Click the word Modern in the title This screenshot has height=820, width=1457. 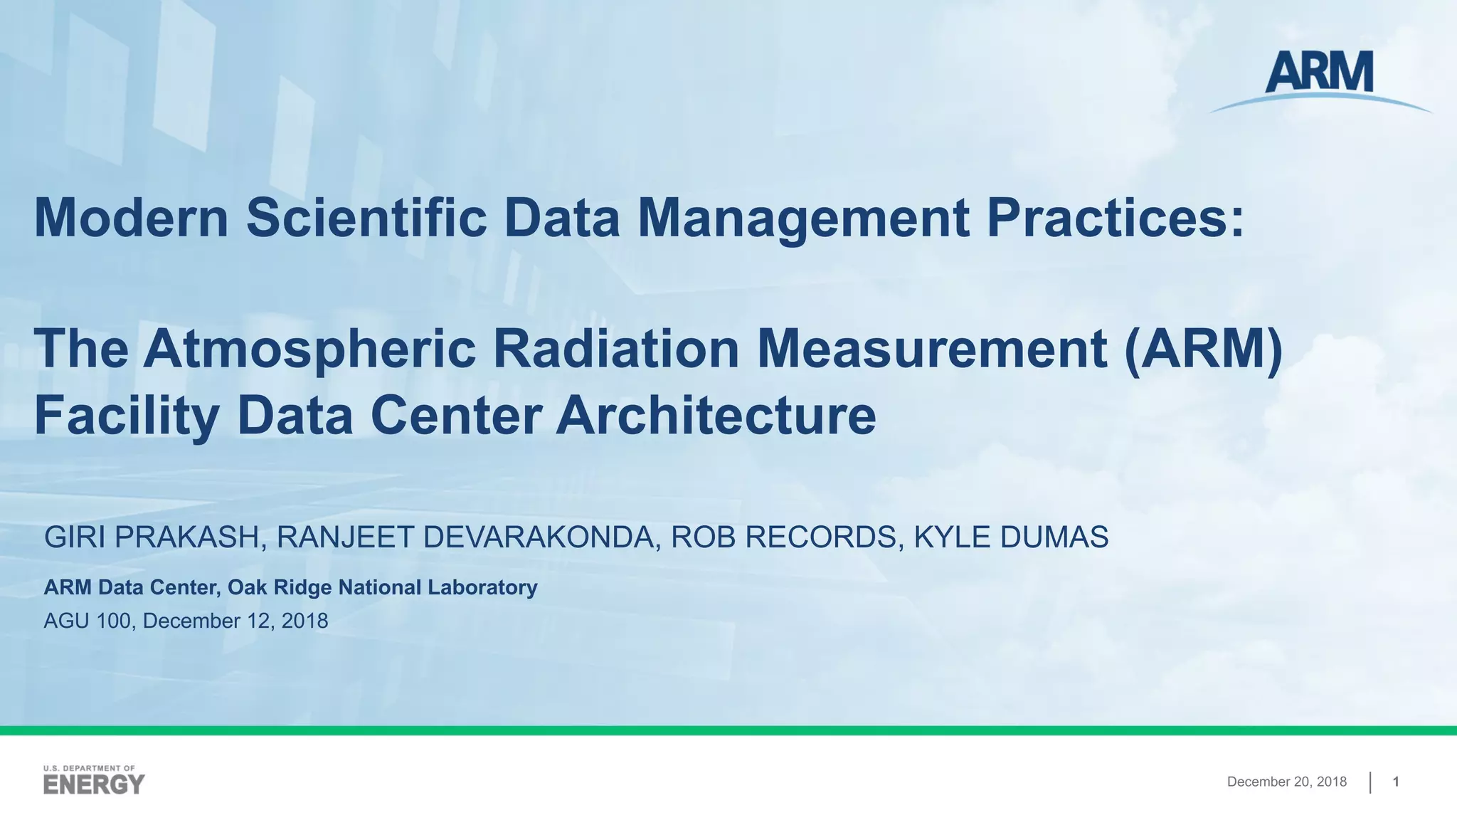pyautogui.click(x=131, y=218)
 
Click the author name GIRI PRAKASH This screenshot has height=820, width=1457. pyautogui.click(x=152, y=537)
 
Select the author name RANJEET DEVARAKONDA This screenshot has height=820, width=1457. pyautogui.click(x=464, y=537)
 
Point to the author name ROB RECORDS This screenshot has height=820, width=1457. pyautogui.click(x=783, y=537)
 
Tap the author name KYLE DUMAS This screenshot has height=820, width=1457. pyautogui.click(x=1011, y=537)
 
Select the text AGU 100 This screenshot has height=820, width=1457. pyautogui.click(x=87, y=621)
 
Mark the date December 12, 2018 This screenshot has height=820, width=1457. pyautogui.click(x=235, y=621)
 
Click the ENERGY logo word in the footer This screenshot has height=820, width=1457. pyautogui.click(x=94, y=785)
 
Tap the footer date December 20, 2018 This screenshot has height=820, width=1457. pyautogui.click(x=1286, y=782)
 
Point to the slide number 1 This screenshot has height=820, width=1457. pyautogui.click(x=1396, y=782)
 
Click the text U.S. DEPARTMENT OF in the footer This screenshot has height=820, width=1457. pyautogui.click(x=89, y=769)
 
